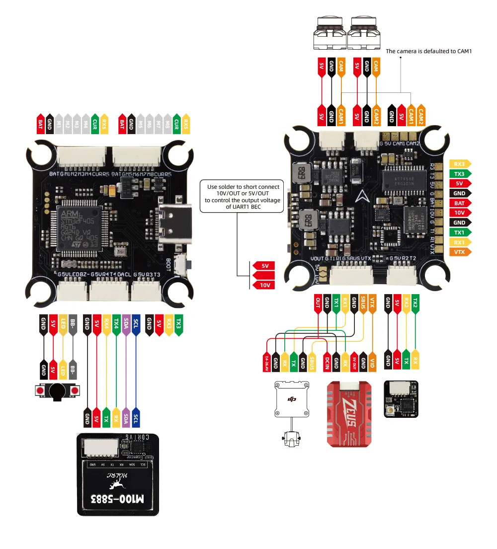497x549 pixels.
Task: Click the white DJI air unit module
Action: (x=292, y=400)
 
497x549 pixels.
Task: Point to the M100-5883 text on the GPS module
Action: (x=117, y=498)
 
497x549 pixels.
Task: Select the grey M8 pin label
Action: (x=168, y=122)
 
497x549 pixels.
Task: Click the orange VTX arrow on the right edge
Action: (x=459, y=252)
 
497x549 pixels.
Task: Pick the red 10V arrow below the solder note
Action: (x=263, y=285)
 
